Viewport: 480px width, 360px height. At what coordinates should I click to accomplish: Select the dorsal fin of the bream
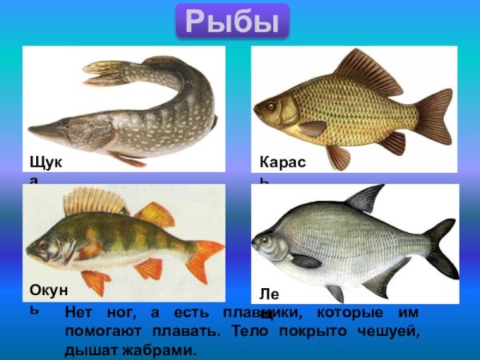tap(365, 198)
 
